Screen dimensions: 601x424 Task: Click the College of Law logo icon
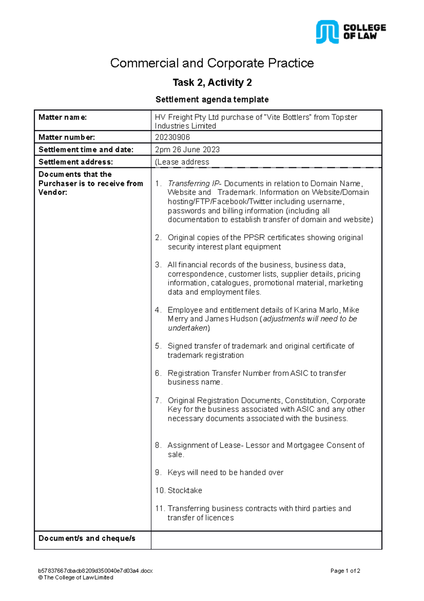[x=327, y=32]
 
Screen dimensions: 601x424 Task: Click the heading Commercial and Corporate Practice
[x=212, y=63]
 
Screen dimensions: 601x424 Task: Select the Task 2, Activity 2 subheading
[x=212, y=82]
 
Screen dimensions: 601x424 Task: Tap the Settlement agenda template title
[x=212, y=99]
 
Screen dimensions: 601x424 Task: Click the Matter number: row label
[x=66, y=137]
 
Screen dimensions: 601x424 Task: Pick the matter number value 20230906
[x=172, y=137]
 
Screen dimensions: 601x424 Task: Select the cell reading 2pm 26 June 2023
[x=187, y=149]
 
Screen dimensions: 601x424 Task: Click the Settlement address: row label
[x=76, y=162]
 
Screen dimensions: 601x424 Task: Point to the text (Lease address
[x=182, y=162]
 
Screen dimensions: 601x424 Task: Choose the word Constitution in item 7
[x=306, y=400]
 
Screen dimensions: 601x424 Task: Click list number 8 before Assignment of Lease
[x=158, y=445]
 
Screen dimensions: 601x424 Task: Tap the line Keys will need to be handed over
[x=225, y=473]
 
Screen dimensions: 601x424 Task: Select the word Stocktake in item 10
[x=185, y=491]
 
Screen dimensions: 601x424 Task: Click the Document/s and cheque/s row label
[x=87, y=538]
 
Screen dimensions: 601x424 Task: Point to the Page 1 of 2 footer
[x=345, y=571]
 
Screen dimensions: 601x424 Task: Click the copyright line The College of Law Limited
[x=76, y=577]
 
